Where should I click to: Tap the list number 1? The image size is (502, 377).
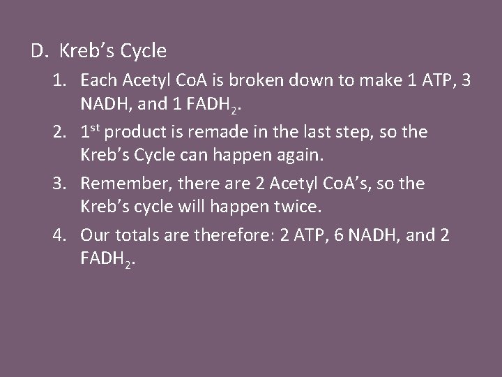pos(59,81)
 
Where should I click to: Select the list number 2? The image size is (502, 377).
pos(59,133)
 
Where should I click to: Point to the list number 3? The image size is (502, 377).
pos(59,184)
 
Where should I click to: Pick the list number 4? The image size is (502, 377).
pos(59,235)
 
